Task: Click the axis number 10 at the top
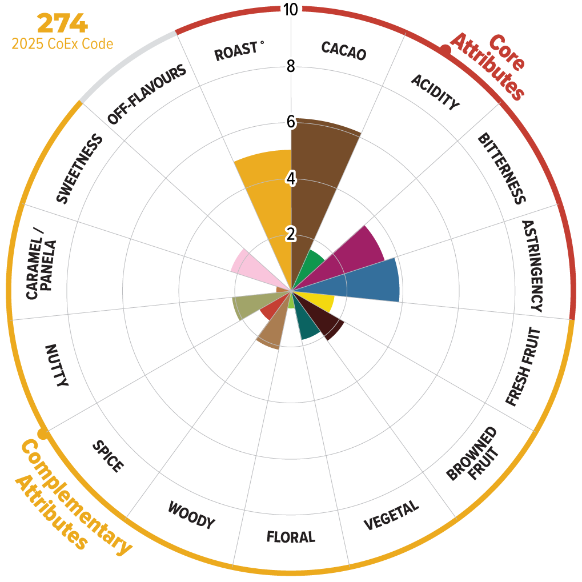[291, 10]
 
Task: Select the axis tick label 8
[291, 66]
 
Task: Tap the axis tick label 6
[291, 122]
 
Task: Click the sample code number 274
[62, 24]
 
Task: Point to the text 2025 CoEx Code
[62, 44]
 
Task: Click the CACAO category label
[343, 51]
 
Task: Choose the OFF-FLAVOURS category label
[147, 94]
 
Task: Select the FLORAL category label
[291, 537]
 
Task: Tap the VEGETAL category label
[391, 515]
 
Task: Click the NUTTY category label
[57, 366]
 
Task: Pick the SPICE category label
[107, 456]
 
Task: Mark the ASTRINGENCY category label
[532, 266]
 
